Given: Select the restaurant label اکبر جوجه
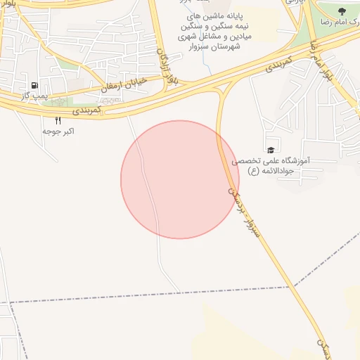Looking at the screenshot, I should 58,131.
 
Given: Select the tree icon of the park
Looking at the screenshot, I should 342,11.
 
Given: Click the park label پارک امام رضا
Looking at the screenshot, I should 342,23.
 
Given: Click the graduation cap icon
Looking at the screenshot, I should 270,150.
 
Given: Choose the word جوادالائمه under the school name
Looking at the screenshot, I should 292,171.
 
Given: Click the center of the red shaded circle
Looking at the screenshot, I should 180,179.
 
